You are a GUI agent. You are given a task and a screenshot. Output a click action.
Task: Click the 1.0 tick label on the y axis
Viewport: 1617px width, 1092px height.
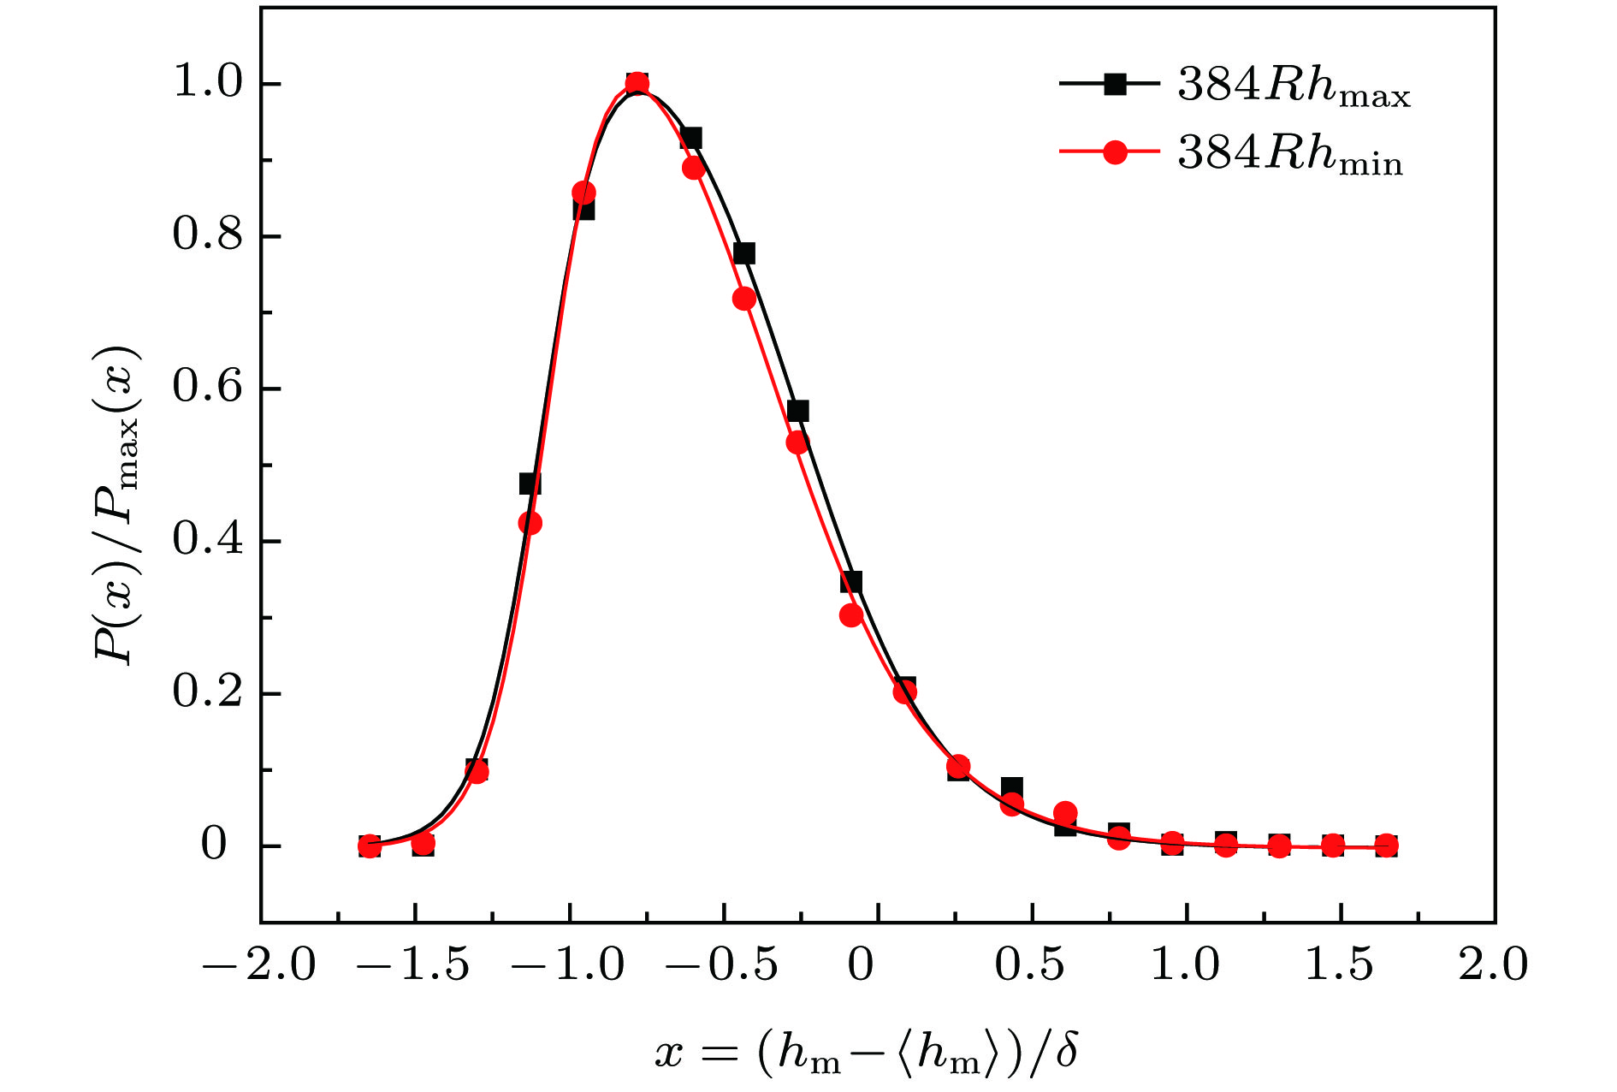(209, 84)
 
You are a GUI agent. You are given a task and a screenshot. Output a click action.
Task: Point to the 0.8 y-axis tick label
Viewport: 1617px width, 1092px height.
(209, 235)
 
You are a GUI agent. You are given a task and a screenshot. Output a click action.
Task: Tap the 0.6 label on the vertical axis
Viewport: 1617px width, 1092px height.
(209, 388)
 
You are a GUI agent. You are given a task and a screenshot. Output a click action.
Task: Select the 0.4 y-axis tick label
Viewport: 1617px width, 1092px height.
(209, 541)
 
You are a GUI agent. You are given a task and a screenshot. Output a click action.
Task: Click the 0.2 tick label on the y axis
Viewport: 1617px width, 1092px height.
(209, 693)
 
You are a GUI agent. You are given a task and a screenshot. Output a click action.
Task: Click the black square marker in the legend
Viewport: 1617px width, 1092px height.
(1115, 84)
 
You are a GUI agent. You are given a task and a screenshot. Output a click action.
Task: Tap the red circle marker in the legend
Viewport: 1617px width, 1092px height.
(1115, 152)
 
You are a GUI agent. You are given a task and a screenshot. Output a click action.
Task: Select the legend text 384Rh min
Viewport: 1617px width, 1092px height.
(1290, 156)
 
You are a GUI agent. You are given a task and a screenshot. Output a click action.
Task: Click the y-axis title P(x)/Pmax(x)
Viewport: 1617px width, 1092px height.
(117, 505)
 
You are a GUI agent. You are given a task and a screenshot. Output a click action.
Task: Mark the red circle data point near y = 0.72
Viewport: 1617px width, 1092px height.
(744, 299)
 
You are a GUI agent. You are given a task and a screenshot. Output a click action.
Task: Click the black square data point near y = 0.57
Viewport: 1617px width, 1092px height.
(797, 412)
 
